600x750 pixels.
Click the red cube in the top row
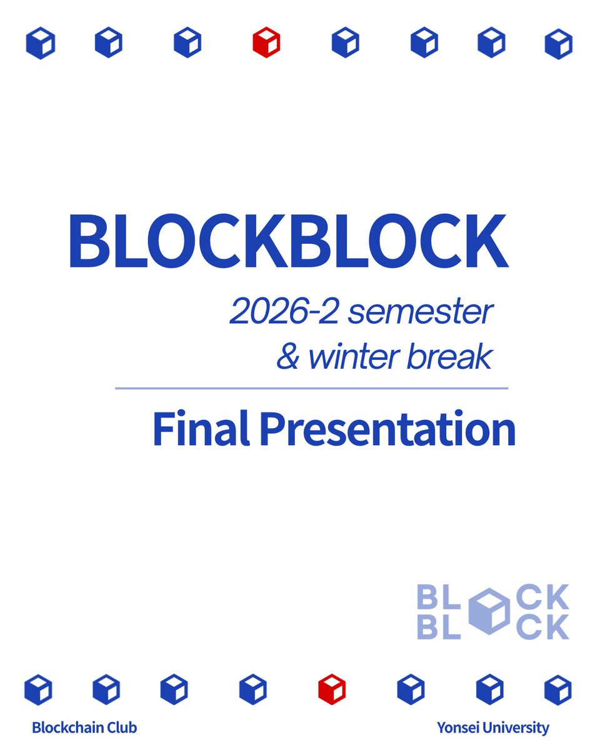(266, 43)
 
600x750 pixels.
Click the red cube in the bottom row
(331, 689)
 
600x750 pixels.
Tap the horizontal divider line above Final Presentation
(311, 388)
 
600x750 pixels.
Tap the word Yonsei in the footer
(459, 727)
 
